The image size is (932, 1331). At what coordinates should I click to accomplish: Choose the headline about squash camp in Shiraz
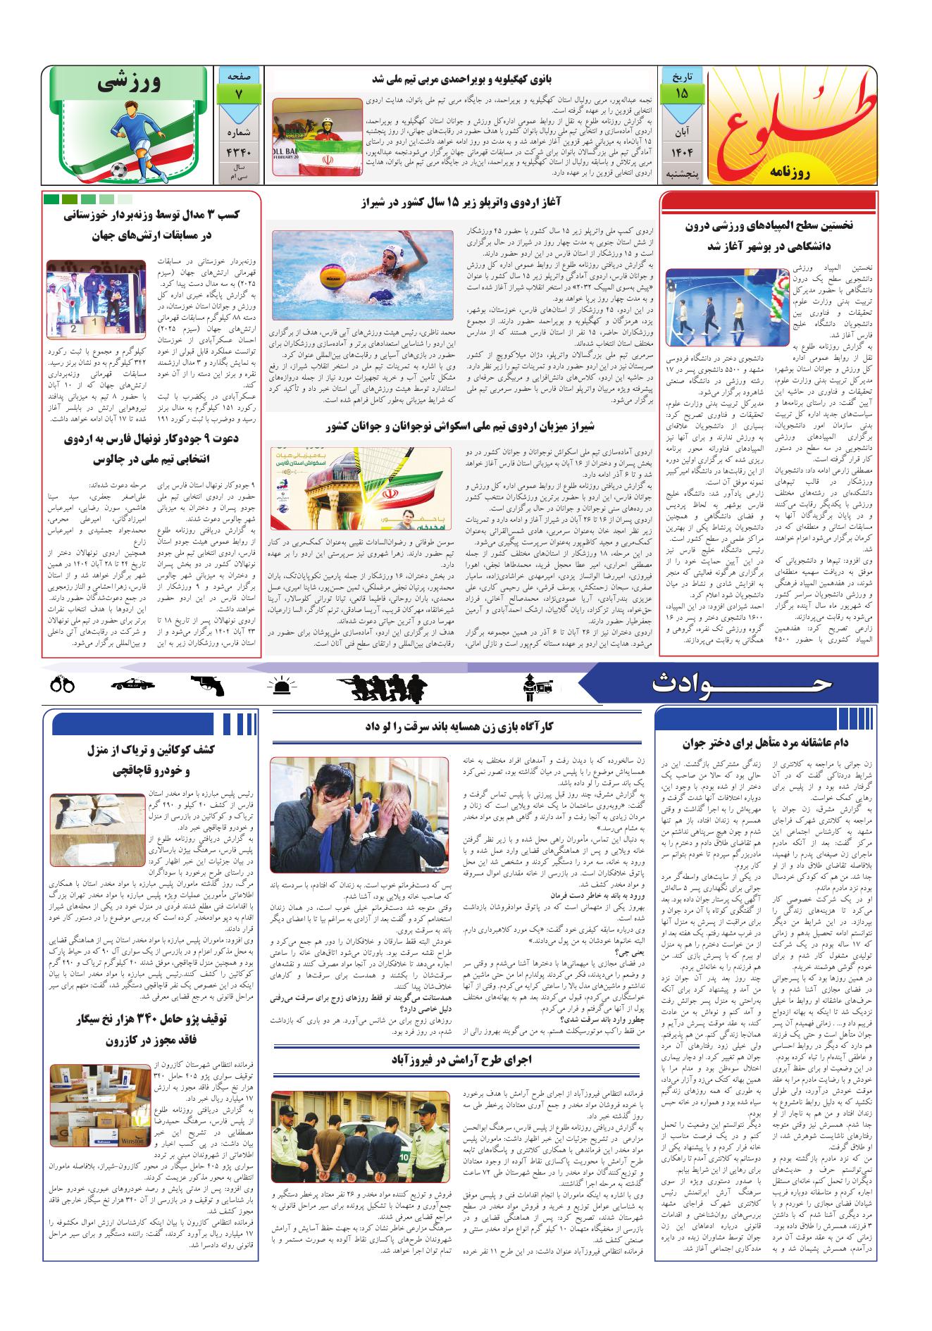(461, 426)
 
